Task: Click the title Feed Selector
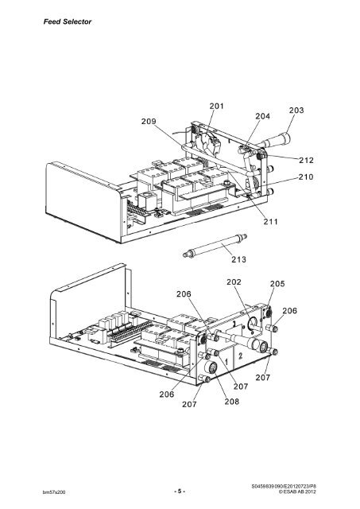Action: point(57,21)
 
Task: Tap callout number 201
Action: point(216,106)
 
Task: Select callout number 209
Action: point(153,122)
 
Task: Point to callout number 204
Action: point(262,115)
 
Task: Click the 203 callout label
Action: point(296,111)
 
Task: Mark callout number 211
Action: point(272,222)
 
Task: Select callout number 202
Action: point(234,282)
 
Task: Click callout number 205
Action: point(277,284)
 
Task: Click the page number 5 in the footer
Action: point(180,491)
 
